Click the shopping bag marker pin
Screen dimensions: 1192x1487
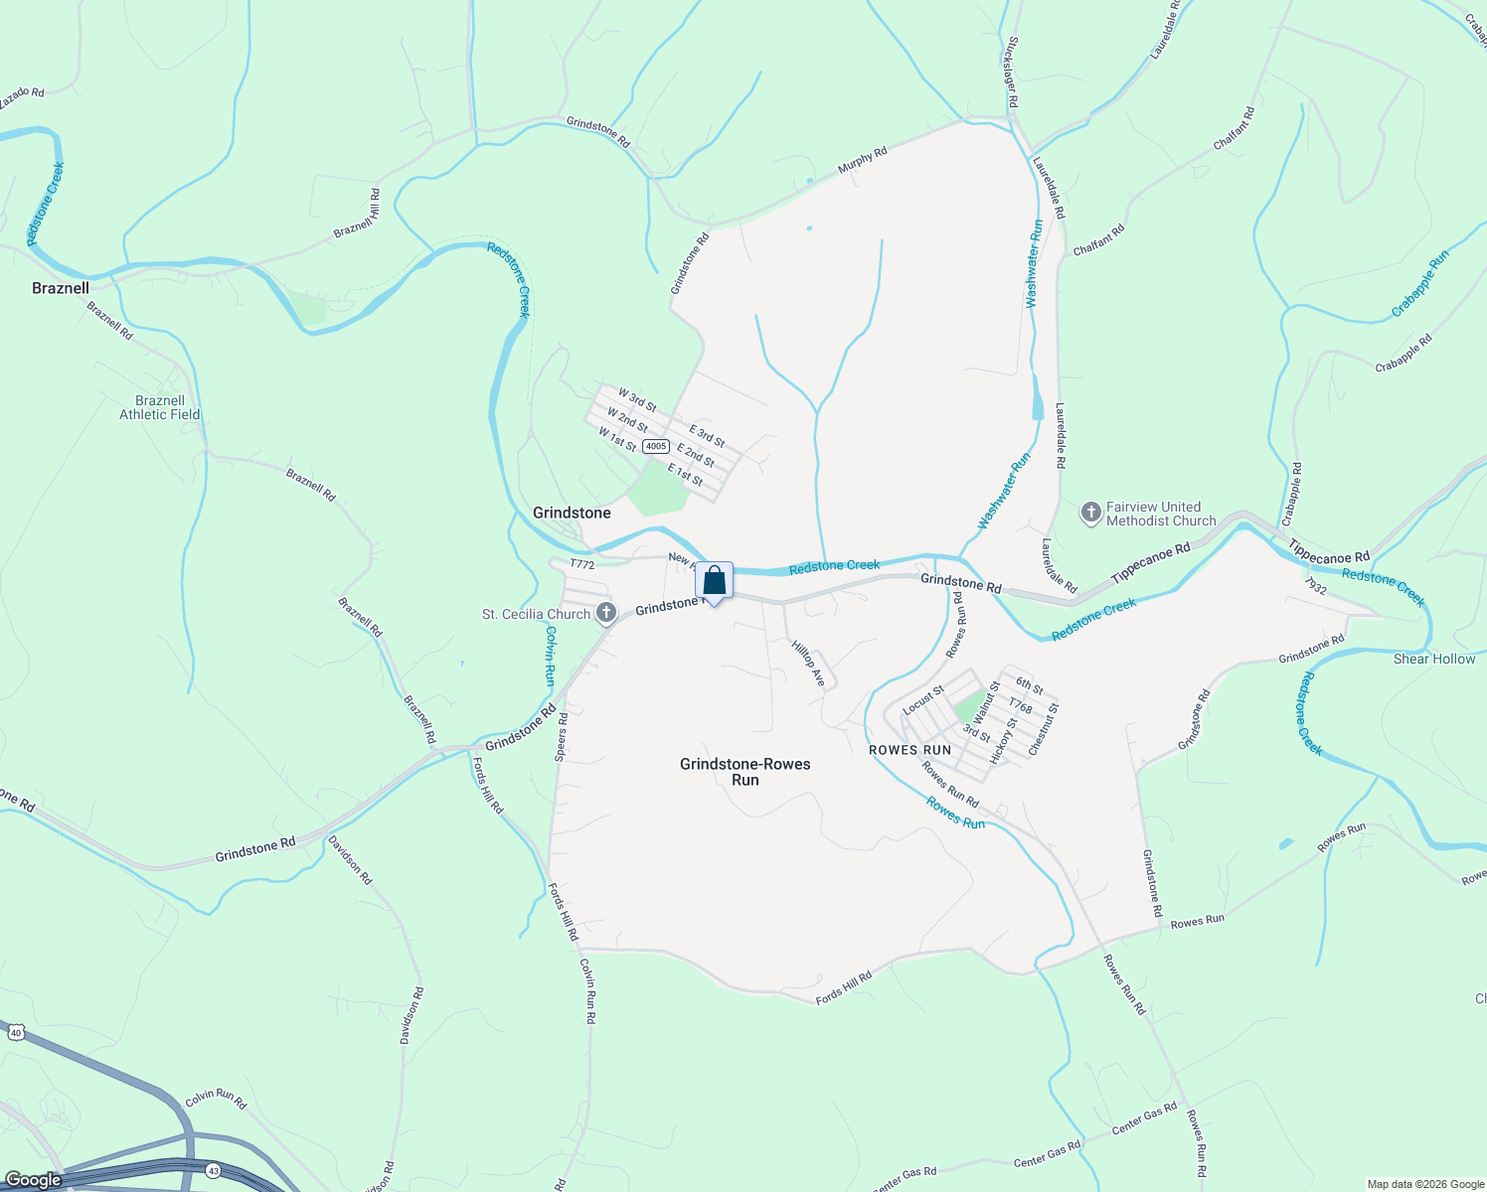point(714,580)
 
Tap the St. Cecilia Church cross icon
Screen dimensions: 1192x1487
point(606,613)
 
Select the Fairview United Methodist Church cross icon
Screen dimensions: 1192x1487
point(1091,514)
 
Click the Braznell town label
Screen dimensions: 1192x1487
point(61,288)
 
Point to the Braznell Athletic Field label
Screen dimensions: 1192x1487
point(160,407)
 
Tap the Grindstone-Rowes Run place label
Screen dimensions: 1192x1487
point(744,772)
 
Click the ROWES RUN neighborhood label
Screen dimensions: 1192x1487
point(909,750)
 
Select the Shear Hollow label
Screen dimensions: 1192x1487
point(1434,659)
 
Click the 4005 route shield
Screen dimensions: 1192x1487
point(655,446)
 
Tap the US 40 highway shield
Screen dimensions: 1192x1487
point(15,1032)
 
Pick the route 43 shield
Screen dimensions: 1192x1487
point(214,1172)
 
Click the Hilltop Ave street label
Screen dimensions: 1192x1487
point(808,663)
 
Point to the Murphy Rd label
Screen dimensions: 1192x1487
point(862,161)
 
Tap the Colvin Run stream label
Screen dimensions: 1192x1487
point(549,657)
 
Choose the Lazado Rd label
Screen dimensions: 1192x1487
point(21,97)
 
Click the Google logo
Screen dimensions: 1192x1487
point(34,1180)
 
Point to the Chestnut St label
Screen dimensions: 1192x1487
point(1044,729)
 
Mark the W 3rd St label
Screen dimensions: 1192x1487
point(636,399)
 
